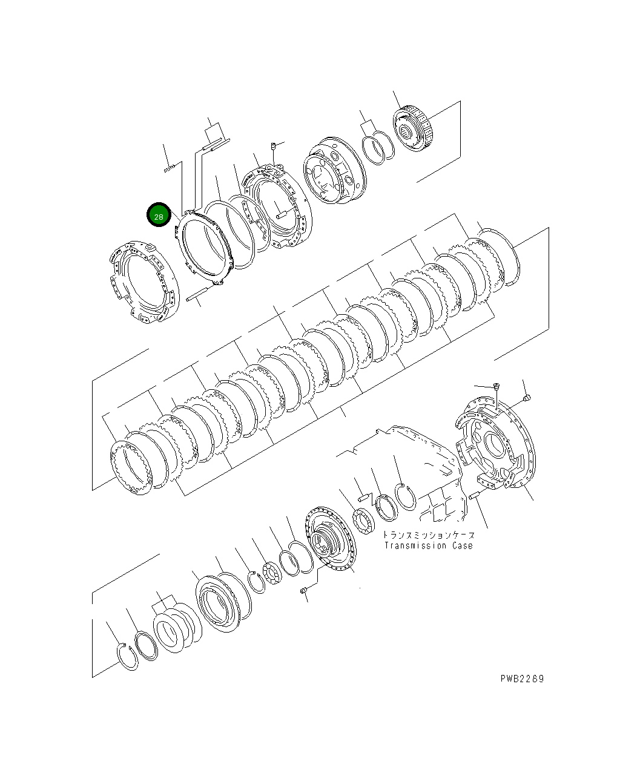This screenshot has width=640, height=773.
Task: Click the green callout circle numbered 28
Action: (159, 215)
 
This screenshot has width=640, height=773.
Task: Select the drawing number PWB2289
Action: (522, 679)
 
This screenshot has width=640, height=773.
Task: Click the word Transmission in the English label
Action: (416, 545)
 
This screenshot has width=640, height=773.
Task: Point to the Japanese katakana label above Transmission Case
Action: (428, 535)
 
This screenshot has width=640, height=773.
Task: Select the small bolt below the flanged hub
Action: (304, 591)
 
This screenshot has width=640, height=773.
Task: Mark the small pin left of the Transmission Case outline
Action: (363, 498)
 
